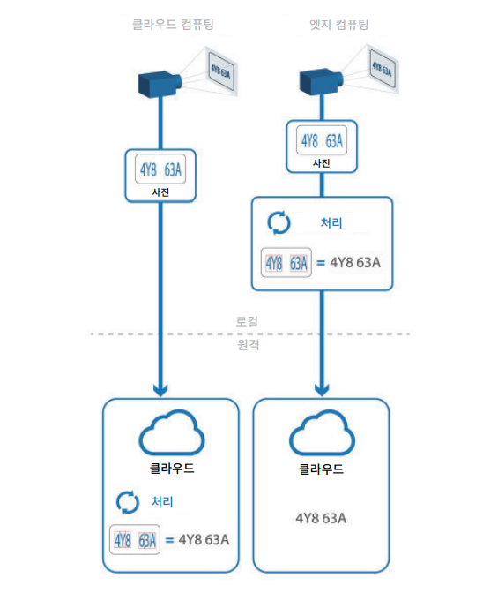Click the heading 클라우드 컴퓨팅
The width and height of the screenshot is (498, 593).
tap(173, 25)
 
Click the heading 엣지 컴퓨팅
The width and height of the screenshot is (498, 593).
tap(339, 25)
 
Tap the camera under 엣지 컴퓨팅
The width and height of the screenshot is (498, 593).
tap(321, 81)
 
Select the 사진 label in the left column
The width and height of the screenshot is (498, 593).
tap(160, 192)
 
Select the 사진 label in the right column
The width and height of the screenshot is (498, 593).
tap(322, 163)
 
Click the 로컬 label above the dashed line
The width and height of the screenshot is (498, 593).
tap(247, 322)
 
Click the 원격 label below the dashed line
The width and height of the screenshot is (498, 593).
tap(249, 344)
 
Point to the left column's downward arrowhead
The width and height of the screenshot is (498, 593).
tap(160, 390)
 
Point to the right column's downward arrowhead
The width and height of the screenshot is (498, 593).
tap(322, 390)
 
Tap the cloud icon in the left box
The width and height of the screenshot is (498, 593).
tap(172, 432)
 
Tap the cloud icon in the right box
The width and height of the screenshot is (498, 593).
tap(322, 432)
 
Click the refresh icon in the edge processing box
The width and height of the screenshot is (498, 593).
tap(279, 222)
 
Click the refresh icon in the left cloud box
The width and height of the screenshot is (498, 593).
tap(128, 502)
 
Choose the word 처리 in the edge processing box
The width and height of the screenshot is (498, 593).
tap(331, 223)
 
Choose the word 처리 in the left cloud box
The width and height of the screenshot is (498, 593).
tap(162, 502)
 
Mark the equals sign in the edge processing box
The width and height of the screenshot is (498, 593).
tap(321, 262)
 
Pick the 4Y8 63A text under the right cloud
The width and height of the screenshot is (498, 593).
tap(321, 518)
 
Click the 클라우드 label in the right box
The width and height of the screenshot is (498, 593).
tap(322, 469)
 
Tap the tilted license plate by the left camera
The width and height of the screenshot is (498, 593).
tap(220, 71)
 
